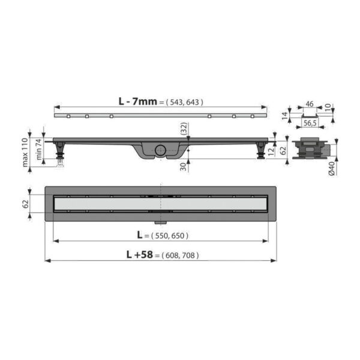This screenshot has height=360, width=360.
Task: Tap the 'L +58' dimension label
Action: point(140,255)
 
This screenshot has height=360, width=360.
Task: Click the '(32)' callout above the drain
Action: point(183,127)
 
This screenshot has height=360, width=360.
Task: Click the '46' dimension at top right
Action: point(310,104)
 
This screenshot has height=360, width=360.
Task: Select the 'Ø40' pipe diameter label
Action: point(332,170)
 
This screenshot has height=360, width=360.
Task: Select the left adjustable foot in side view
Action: point(61,151)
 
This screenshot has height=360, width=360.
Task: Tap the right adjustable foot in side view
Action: point(261,151)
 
